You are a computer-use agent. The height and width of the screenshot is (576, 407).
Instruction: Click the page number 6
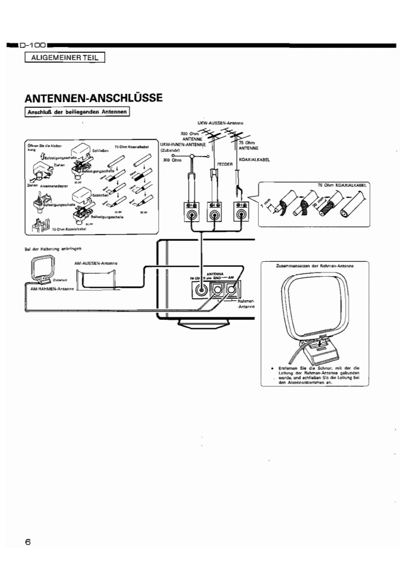pos(28,541)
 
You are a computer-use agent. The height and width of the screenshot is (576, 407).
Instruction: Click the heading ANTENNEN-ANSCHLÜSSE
pos(94,98)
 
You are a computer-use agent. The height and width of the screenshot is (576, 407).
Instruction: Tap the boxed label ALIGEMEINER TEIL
pos(64,57)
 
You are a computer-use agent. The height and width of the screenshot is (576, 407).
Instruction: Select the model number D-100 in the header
pos(34,46)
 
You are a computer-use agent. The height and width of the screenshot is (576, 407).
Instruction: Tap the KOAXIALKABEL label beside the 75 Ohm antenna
pos(255,159)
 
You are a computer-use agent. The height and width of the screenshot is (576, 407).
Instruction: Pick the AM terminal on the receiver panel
pos(232,291)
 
